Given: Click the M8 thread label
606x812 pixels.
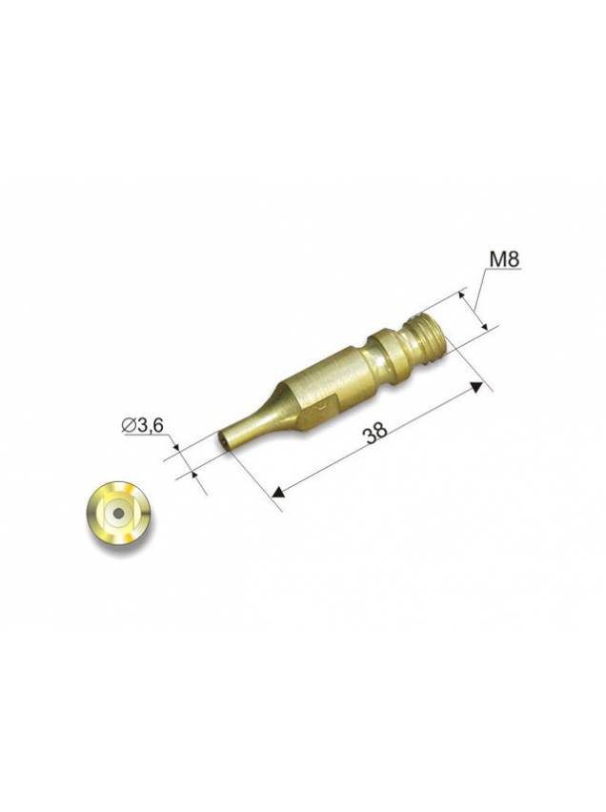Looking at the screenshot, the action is point(504,259).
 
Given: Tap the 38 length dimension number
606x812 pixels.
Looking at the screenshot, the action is point(375,434).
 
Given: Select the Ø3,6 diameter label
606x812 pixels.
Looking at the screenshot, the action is point(142,426).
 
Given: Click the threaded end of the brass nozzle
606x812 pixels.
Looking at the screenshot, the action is point(428,338).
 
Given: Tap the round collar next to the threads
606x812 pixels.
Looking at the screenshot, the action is point(393,356).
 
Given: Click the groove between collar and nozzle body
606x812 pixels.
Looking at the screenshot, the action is point(370,362).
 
